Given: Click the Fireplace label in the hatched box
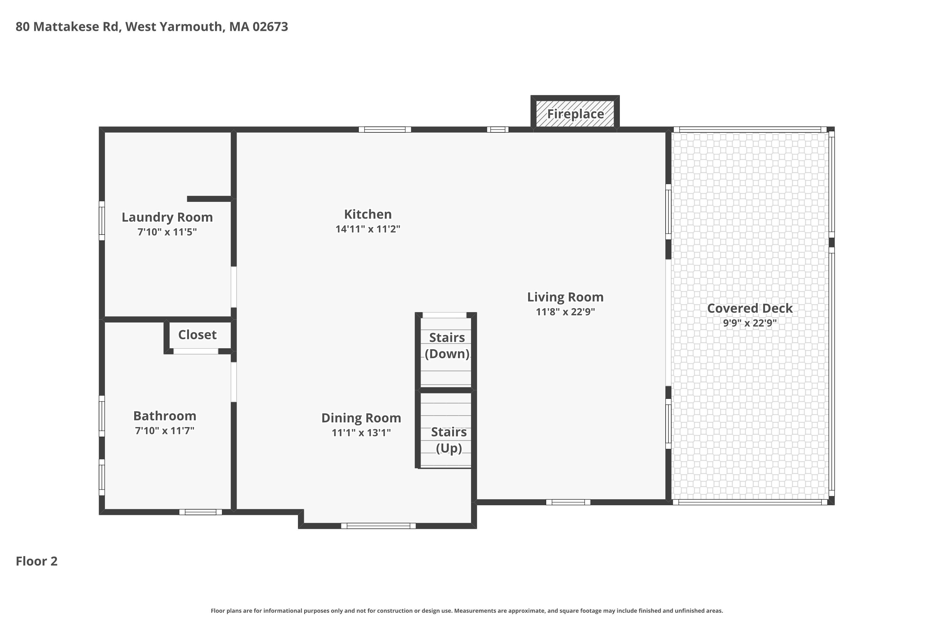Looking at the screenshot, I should point(575,114).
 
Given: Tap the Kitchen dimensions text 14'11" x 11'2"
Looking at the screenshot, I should point(368,229).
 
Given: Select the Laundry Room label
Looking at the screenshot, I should point(167,217).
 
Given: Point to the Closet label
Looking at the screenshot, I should point(197,335).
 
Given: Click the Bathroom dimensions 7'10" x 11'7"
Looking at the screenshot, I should point(165,431).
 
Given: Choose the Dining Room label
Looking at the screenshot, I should point(361,418).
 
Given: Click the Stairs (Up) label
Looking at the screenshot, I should point(449,440).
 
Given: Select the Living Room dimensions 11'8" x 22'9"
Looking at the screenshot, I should point(565,312).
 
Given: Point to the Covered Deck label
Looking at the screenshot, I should point(750,308).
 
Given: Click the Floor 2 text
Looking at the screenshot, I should point(36,561).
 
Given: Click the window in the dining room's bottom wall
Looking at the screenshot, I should point(379,526).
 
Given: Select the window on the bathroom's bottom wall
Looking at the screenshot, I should point(200,512).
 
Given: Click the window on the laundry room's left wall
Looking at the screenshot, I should point(102,221).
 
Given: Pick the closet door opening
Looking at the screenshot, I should point(196,351).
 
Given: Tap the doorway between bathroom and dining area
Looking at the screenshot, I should point(234,382).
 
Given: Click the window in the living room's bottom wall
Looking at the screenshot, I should point(568,502).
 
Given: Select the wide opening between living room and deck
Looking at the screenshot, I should point(668,323).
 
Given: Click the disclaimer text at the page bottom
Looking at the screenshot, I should point(467,611).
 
